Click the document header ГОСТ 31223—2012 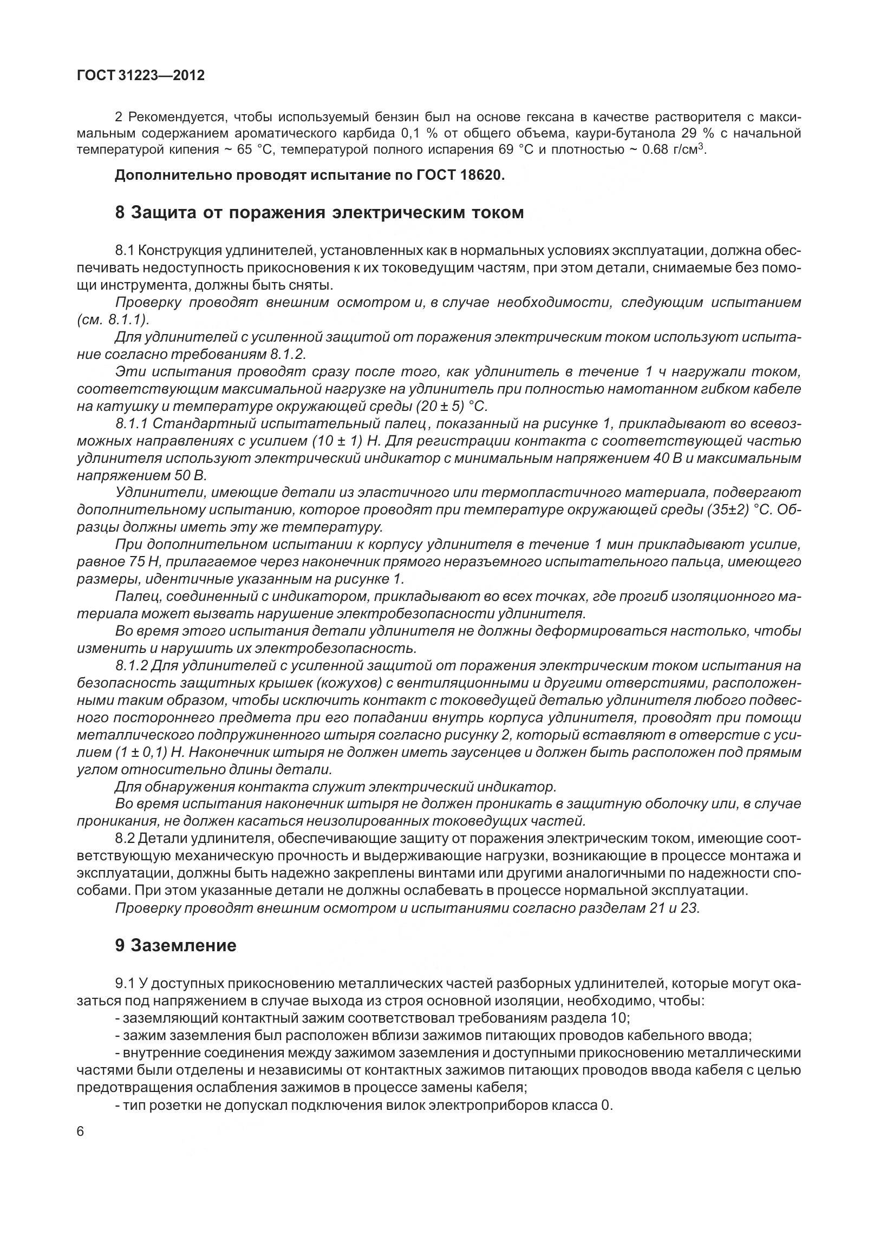click(141, 76)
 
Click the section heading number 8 click(120, 212)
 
